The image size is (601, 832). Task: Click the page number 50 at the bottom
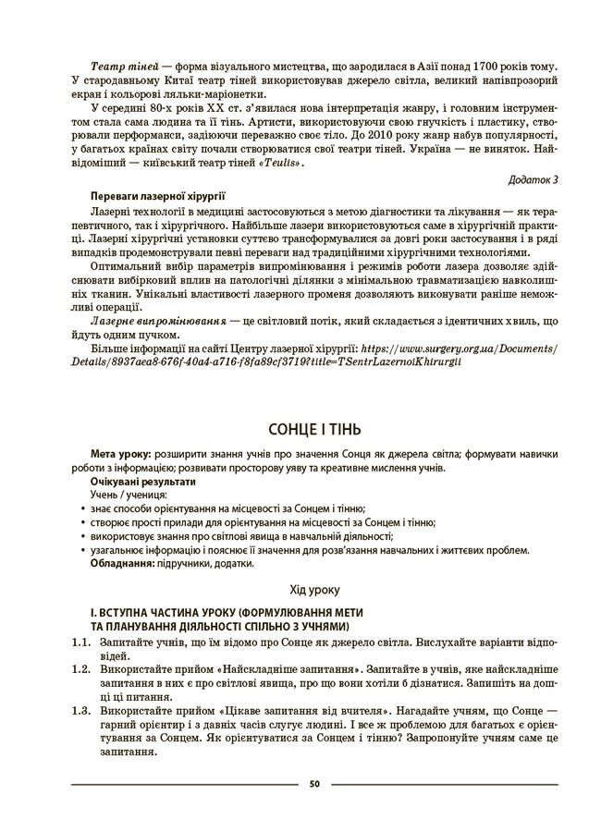[x=314, y=784]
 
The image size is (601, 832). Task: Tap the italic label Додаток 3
[x=535, y=177]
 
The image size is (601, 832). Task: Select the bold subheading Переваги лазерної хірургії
[x=158, y=196]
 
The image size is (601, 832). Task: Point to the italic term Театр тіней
[x=124, y=67]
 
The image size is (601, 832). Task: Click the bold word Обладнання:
[x=122, y=563]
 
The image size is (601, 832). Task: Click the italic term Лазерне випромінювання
[x=159, y=320]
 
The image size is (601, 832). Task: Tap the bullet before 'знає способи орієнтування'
[x=84, y=509]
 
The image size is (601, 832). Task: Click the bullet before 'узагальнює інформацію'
[x=84, y=550]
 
